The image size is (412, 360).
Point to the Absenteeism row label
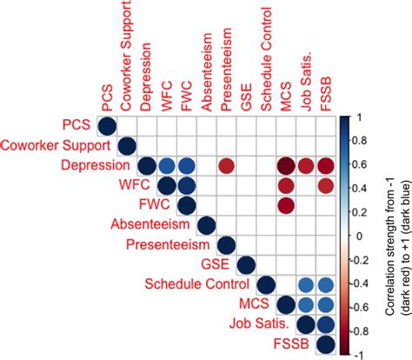click(143, 224)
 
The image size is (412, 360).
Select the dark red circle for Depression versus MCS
click(286, 165)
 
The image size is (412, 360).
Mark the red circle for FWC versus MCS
click(286, 204)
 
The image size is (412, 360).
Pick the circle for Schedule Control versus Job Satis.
click(306, 284)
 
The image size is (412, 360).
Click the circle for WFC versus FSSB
click(326, 184)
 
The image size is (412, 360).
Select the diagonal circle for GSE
click(246, 264)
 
